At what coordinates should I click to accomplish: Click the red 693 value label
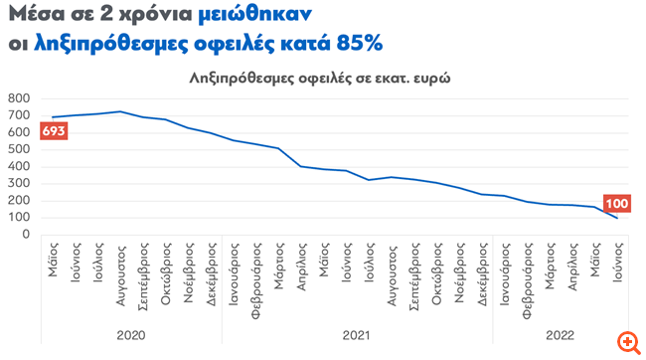click(x=54, y=132)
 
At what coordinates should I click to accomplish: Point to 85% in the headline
click(x=359, y=45)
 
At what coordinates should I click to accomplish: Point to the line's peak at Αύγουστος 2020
click(x=120, y=111)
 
